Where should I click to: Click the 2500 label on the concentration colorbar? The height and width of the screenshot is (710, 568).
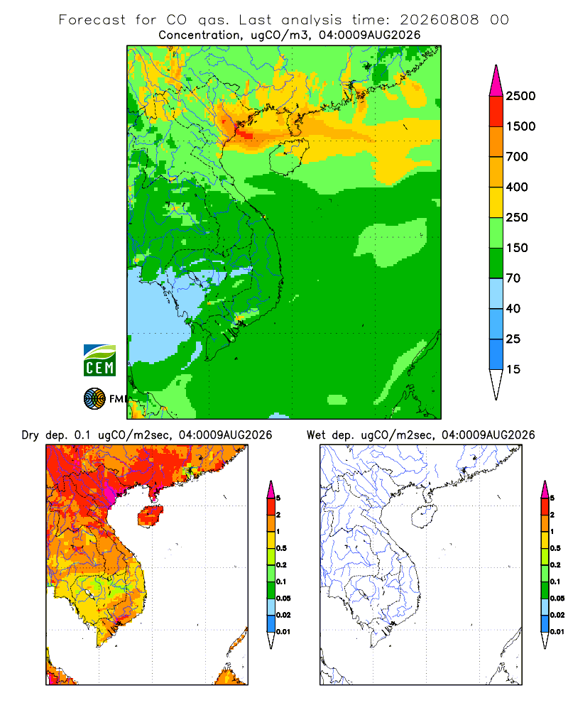pos(520,96)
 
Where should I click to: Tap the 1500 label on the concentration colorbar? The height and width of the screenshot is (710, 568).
pos(520,126)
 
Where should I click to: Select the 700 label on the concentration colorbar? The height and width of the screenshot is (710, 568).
pos(517,157)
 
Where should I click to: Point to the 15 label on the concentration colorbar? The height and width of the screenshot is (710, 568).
pos(513,369)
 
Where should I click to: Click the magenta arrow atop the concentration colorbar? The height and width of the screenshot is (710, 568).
pos(496,81)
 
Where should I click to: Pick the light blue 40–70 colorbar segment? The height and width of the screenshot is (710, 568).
pos(496,293)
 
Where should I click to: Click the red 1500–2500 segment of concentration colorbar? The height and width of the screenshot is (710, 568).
pos(496,111)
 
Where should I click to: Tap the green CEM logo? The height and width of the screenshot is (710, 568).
pos(99,361)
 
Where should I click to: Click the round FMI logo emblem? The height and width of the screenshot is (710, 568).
pos(94,398)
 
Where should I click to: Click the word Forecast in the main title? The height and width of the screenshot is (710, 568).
pos(92,20)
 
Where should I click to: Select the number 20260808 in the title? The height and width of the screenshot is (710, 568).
pos(439,20)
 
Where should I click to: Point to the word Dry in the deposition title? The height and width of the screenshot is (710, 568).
pos(31,435)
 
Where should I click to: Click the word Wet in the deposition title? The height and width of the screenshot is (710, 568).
pos(316,435)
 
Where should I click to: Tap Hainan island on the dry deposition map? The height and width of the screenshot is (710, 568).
pos(151,515)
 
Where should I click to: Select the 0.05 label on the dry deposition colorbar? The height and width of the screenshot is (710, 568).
pos(283,598)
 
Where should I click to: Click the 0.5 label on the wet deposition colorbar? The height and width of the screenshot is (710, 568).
pos(555,548)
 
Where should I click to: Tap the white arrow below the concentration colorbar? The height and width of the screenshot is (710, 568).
pos(496,384)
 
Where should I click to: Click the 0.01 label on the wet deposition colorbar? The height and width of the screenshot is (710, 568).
pos(557,632)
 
